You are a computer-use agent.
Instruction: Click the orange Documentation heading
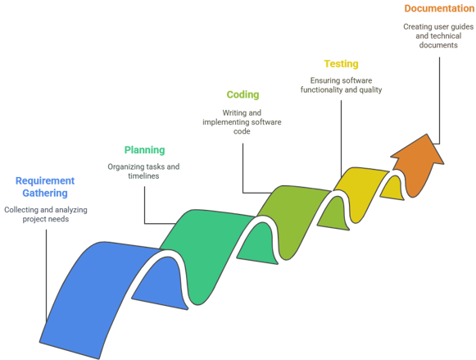(x=439, y=8)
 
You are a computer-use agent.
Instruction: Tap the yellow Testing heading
(x=341, y=64)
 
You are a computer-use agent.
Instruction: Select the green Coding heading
(x=243, y=95)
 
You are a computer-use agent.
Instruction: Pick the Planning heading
(x=144, y=150)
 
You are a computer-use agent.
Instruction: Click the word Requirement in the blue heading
(x=45, y=180)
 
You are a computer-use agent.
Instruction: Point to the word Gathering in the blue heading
(x=45, y=193)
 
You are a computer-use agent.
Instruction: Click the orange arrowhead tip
(x=427, y=134)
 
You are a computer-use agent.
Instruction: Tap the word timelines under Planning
(x=143, y=175)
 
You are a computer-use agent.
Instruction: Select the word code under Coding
(x=242, y=131)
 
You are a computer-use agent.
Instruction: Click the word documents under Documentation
(x=438, y=45)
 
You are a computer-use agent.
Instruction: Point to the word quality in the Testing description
(x=370, y=90)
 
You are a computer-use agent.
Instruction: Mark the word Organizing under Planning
(x=125, y=166)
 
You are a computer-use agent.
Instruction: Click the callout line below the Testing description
(x=341, y=139)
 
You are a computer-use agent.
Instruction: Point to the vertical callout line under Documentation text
(x=439, y=100)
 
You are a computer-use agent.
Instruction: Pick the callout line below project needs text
(x=47, y=276)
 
